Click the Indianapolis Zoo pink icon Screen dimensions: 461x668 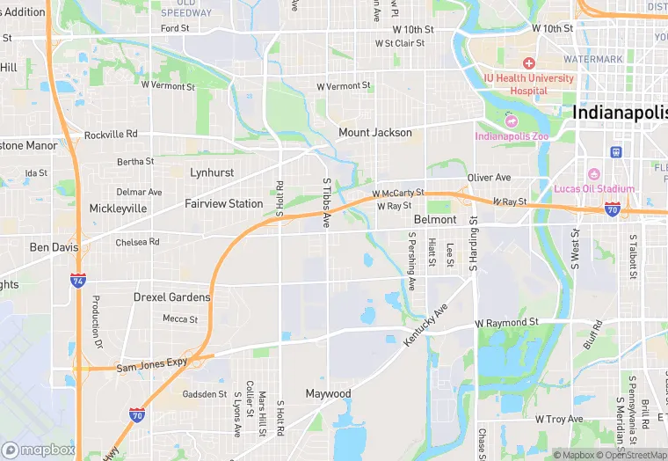tap(511, 121)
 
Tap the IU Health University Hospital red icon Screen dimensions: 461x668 tap(528, 63)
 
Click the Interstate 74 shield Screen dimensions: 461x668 tap(77, 279)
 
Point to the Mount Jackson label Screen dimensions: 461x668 tap(375, 133)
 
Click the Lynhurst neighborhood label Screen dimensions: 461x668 tap(212, 172)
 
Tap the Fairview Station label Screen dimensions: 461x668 tap(223, 203)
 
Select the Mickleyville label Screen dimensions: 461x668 tap(118, 209)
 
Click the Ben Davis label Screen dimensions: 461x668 tap(54, 247)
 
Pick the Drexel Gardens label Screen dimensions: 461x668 tap(171, 297)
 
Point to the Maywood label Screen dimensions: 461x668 tap(328, 393)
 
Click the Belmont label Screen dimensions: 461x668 tap(435, 219)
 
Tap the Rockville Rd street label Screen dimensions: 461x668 tap(111, 135)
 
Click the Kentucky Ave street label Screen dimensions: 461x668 tap(426, 324)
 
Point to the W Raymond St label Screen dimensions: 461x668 tap(506, 324)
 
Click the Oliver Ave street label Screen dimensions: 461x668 tap(490, 178)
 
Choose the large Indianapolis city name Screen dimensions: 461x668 tap(619, 113)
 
